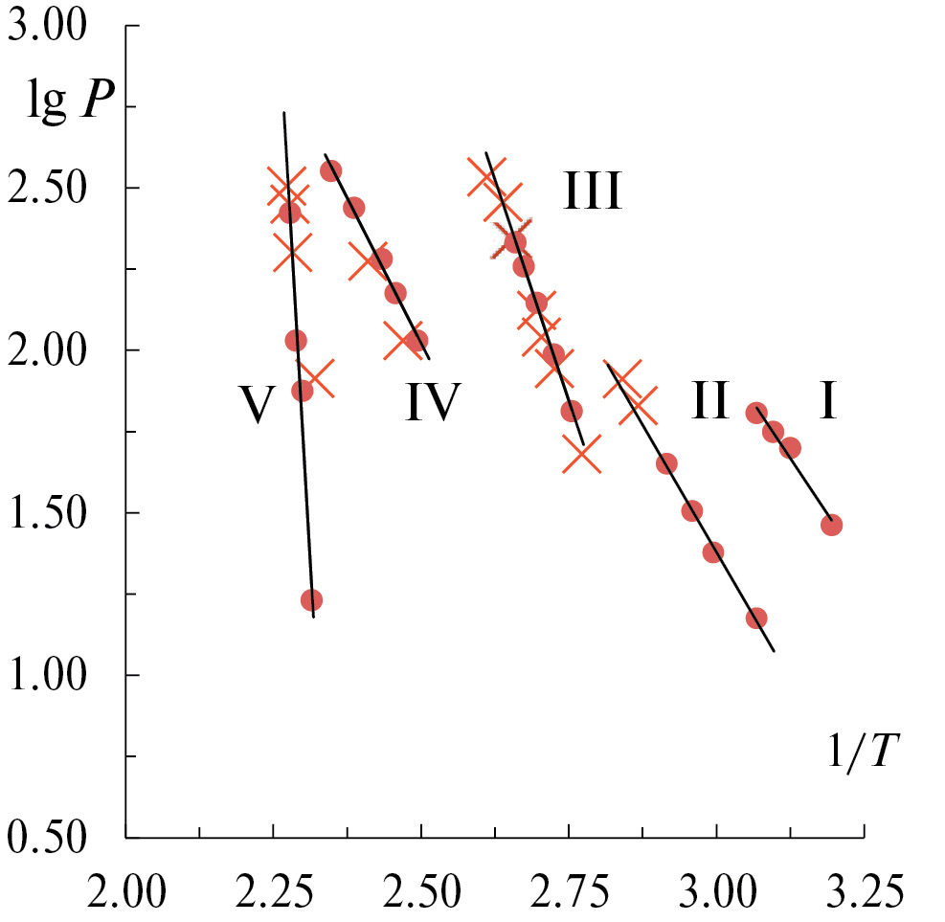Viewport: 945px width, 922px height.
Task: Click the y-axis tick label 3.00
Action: point(55,26)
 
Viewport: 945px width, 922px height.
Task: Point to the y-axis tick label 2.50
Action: point(55,188)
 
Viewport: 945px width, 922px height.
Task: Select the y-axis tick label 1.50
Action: point(55,512)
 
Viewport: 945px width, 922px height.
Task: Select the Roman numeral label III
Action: point(592,191)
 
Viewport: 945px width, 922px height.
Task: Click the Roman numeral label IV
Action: point(433,402)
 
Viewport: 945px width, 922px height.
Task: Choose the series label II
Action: point(709,400)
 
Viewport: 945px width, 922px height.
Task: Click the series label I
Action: point(828,402)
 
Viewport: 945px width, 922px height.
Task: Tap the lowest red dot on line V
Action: point(311,600)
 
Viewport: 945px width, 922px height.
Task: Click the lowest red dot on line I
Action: point(831,525)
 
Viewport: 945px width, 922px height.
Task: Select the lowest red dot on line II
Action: point(756,618)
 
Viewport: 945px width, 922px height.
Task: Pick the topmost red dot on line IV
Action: point(331,170)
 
